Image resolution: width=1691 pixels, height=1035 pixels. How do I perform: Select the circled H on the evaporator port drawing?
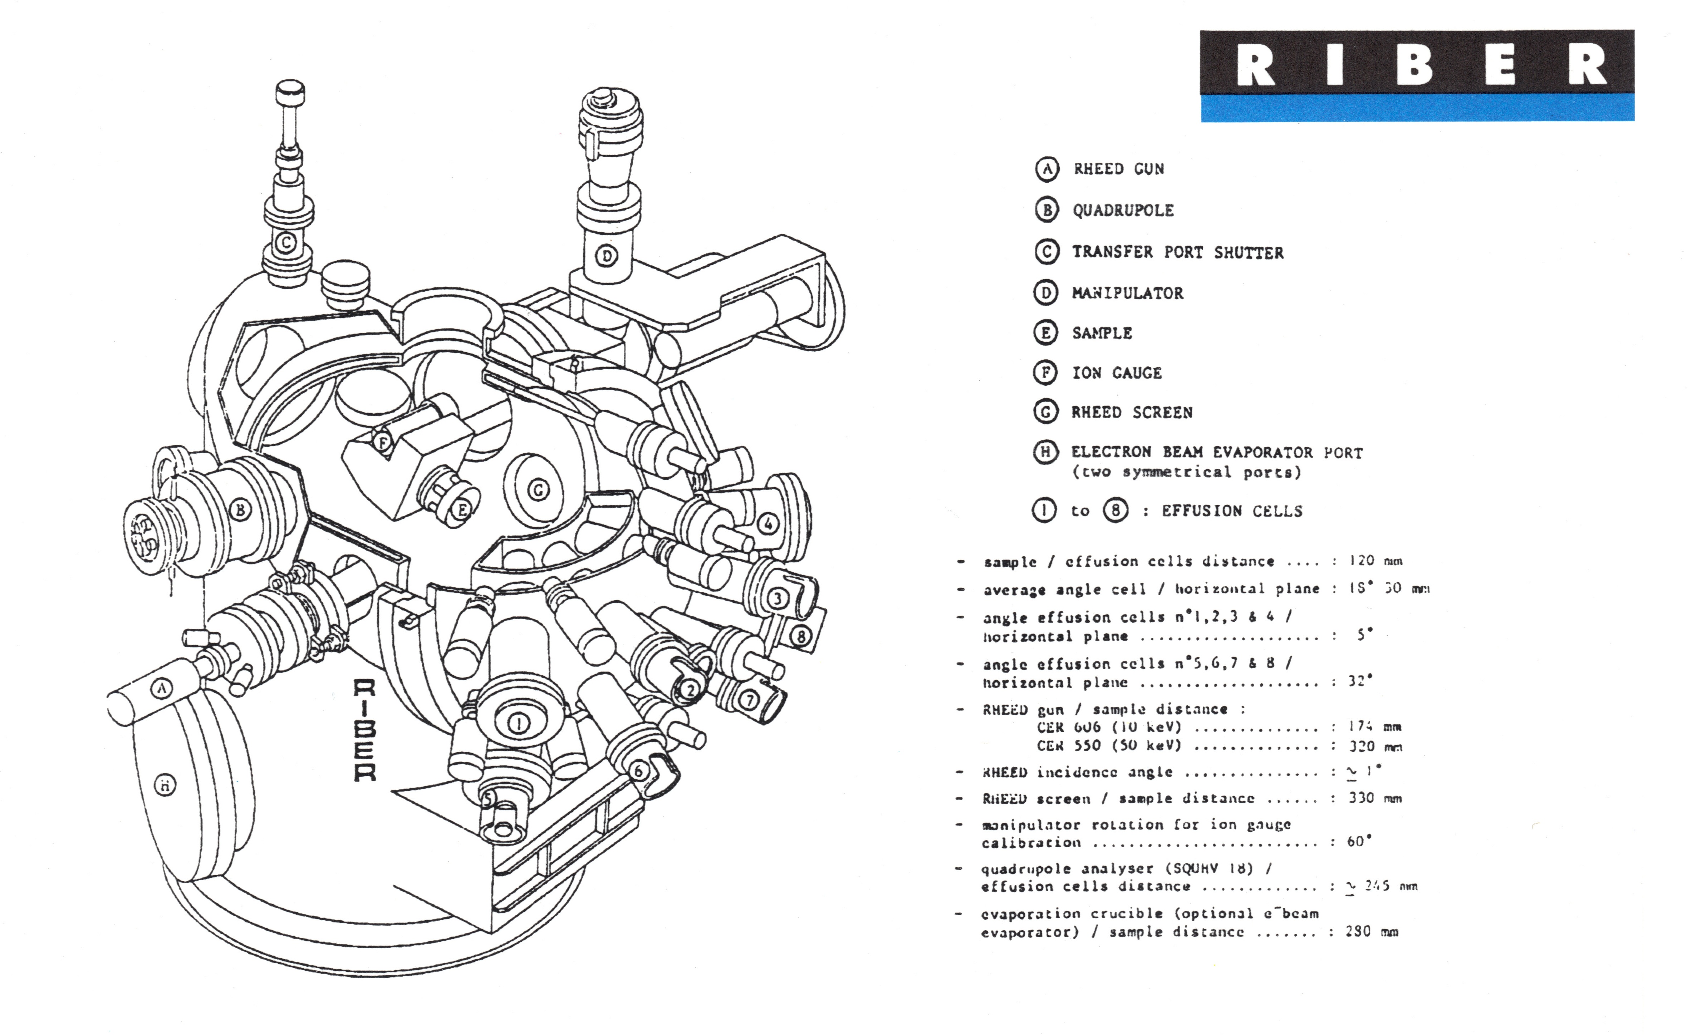(165, 785)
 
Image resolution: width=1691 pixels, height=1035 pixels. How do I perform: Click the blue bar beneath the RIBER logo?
(1417, 108)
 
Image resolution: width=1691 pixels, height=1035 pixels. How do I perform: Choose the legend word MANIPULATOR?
(1128, 294)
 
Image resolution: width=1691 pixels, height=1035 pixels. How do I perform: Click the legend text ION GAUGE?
(1117, 373)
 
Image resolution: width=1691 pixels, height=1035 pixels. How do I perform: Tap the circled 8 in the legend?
(1115, 511)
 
